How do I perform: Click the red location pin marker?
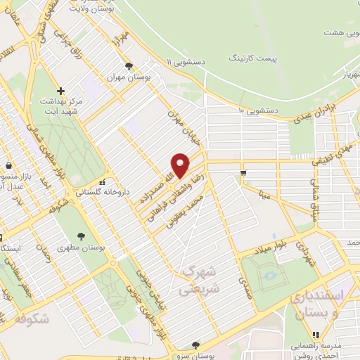[181, 165]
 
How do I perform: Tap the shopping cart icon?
[243, 173]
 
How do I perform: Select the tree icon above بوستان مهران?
[128, 66]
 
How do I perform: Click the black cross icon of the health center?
[61, 91]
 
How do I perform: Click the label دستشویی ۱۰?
[259, 110]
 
